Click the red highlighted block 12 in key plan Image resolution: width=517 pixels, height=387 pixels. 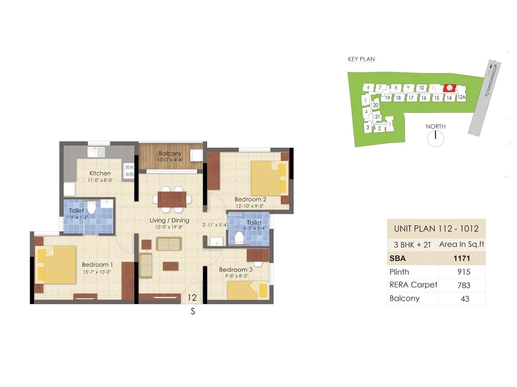pyautogui.click(x=449, y=88)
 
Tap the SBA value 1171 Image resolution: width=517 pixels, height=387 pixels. pyautogui.click(x=461, y=258)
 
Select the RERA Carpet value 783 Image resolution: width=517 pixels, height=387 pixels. pyautogui.click(x=464, y=285)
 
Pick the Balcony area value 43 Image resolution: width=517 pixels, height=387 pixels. pyautogui.click(x=465, y=299)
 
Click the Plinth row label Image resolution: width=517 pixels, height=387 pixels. pyautogui.click(x=399, y=272)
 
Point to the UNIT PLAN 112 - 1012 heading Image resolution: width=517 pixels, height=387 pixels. pyautogui.click(x=436, y=229)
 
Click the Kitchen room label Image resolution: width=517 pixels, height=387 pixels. pyautogui.click(x=100, y=174)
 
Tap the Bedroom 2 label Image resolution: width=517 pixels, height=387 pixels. pyautogui.click(x=250, y=199)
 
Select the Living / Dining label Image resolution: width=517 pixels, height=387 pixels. pyautogui.click(x=169, y=220)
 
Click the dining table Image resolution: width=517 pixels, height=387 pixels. pyautogui.click(x=172, y=199)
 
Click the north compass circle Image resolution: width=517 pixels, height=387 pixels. pyautogui.click(x=435, y=139)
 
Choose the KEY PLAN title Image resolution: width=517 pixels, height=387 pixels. pyautogui.click(x=361, y=59)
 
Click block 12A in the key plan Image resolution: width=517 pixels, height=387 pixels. pyautogui.click(x=461, y=97)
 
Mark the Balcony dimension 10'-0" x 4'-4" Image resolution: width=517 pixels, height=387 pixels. pyautogui.click(x=170, y=160)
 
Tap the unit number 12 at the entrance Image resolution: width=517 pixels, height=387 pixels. pyautogui.click(x=192, y=297)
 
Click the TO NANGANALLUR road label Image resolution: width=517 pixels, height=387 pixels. pyautogui.click(x=491, y=80)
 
